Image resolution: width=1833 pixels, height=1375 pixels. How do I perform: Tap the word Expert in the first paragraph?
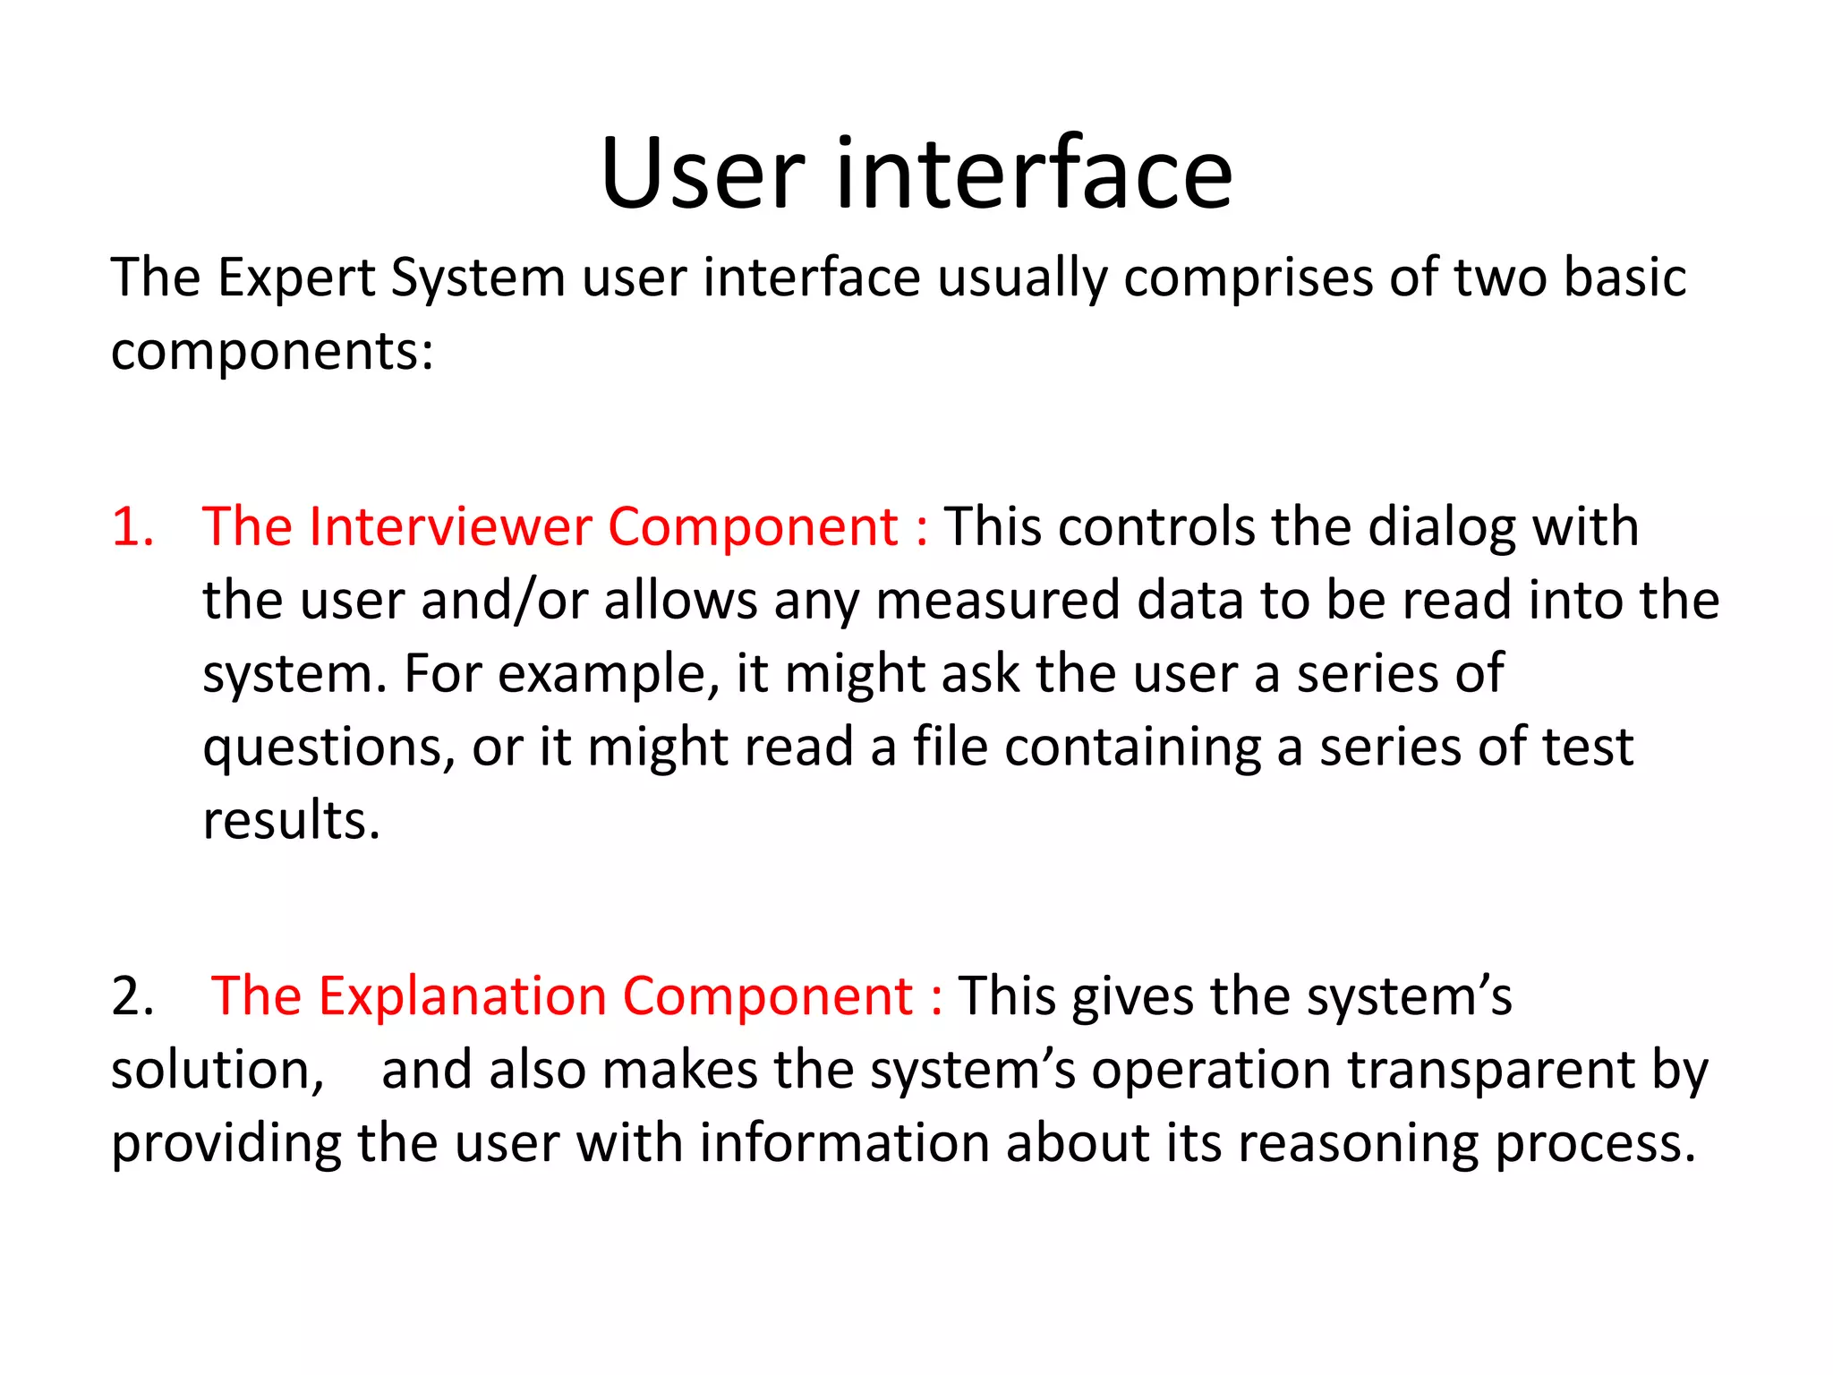(x=296, y=278)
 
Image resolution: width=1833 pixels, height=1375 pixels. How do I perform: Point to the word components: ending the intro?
(x=272, y=352)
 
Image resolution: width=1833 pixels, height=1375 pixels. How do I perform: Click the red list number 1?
(x=132, y=526)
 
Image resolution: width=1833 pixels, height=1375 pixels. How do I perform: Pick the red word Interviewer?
(x=449, y=526)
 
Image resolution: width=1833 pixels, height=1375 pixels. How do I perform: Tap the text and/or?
(x=504, y=600)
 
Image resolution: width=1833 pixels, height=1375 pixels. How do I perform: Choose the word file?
(x=950, y=747)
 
